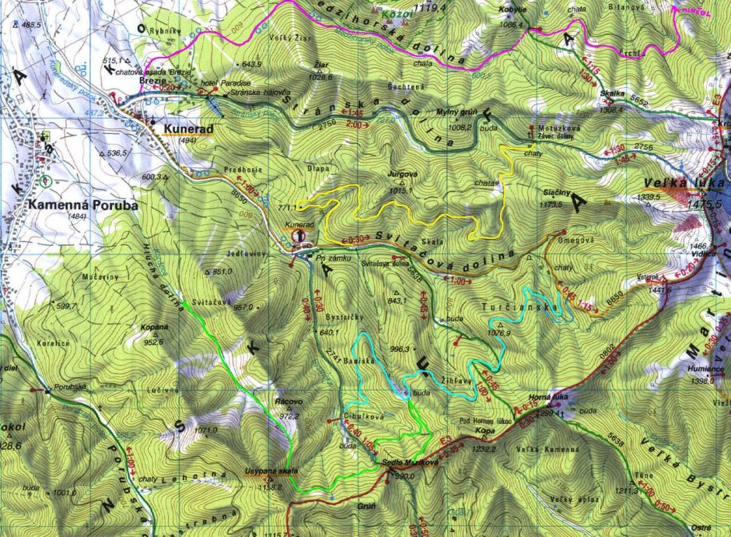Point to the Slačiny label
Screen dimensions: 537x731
[x=558, y=191]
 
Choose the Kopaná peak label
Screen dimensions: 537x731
[x=156, y=328]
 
